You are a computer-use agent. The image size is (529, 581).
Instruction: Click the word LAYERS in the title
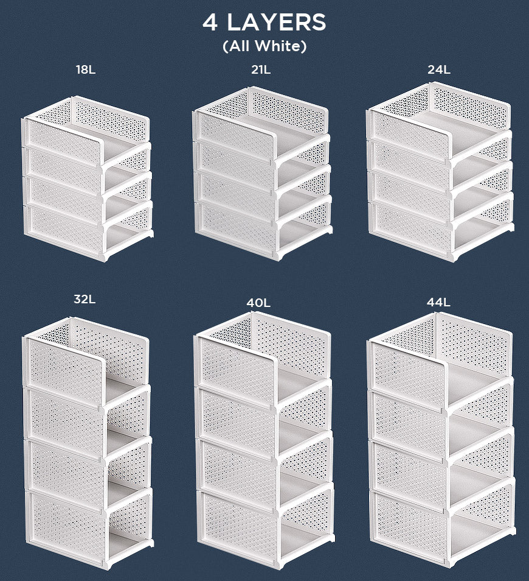point(276,23)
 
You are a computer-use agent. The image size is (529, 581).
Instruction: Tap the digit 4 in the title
point(210,23)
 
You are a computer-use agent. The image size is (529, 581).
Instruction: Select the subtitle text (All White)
point(264,46)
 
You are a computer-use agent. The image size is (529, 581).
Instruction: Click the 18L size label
point(86,69)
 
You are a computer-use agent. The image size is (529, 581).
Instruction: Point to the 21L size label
point(261,69)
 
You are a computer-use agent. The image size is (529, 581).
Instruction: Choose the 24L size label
point(439,69)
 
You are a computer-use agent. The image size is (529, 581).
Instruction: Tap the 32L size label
point(85,298)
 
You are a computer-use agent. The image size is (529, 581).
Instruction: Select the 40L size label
point(258,303)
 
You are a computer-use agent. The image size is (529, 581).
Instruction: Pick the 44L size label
point(438,302)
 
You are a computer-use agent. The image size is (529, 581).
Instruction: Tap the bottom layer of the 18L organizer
point(89,231)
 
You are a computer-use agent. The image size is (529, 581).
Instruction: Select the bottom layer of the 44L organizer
point(443,523)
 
